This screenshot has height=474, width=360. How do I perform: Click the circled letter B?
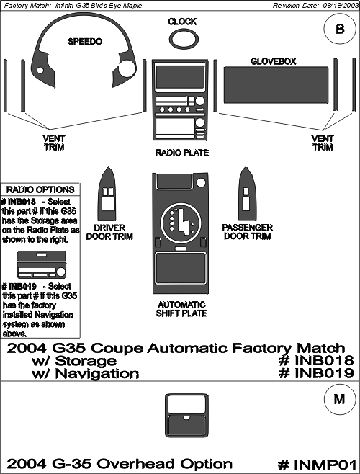(340, 29)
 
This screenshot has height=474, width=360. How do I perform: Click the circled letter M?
(339, 399)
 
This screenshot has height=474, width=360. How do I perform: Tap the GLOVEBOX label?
(273, 61)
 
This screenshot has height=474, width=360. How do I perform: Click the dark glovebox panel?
(276, 85)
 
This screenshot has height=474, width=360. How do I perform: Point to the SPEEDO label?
(85, 41)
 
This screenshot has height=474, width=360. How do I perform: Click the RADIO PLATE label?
(182, 153)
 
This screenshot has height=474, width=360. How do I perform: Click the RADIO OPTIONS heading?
(40, 190)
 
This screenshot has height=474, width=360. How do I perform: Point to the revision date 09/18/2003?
(339, 6)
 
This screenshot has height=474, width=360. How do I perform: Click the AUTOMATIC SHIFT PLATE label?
(181, 309)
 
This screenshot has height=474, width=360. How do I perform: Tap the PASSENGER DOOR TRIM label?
(247, 232)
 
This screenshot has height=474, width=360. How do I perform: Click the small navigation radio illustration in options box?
(42, 264)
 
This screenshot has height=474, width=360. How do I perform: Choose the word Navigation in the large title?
(97, 374)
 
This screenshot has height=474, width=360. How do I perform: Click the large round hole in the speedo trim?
(127, 68)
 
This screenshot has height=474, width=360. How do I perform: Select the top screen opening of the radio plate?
(180, 77)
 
